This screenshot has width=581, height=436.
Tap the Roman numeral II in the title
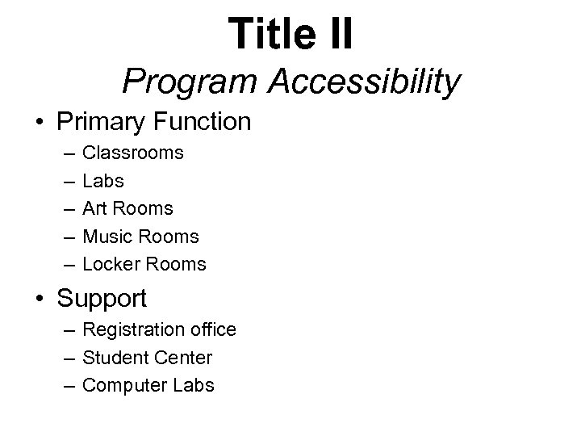coord(336,34)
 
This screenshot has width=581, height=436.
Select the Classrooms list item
coord(133,153)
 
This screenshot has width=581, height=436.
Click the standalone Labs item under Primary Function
coord(103,181)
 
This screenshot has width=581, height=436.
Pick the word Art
coord(97,208)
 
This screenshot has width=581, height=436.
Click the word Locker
coord(111,264)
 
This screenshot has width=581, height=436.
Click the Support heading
coord(102,299)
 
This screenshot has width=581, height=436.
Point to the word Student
coord(113,357)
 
